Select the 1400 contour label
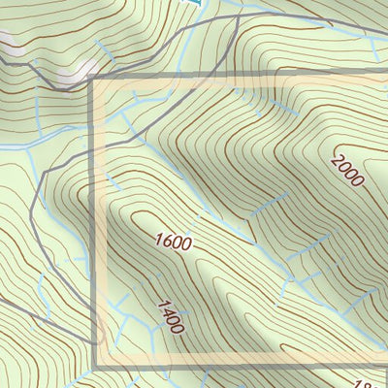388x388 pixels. [x=169, y=316]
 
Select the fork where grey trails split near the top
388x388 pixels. [x=236, y=17]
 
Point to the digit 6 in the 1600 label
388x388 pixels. [x=165, y=236]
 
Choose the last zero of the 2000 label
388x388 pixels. [x=361, y=182]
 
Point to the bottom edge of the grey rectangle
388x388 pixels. [x=242, y=367]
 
